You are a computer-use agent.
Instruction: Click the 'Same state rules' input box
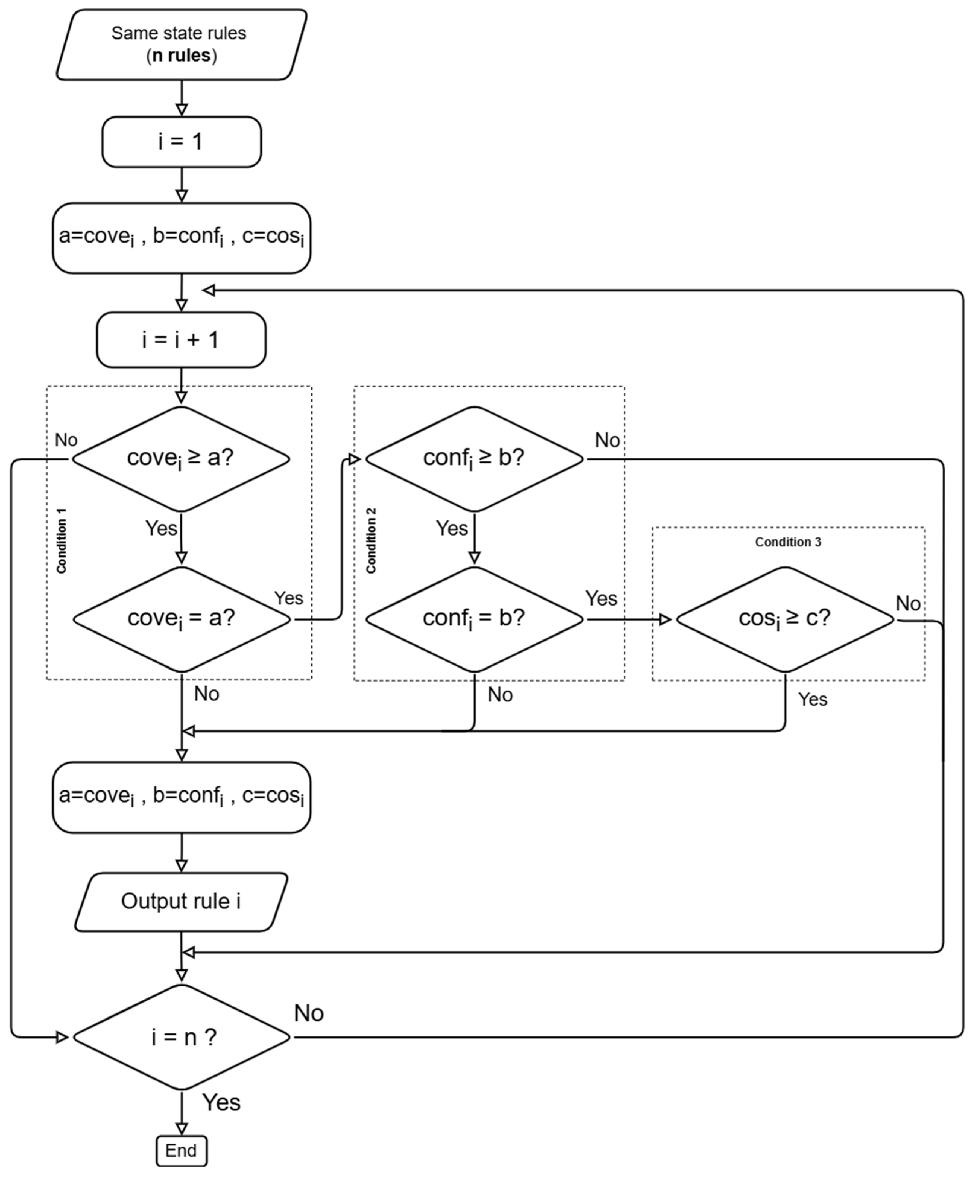[x=181, y=44]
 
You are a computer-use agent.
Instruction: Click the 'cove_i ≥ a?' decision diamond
[x=181, y=459]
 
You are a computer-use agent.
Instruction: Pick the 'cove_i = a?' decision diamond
[x=181, y=619]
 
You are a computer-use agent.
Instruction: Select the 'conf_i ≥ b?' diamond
[x=474, y=459]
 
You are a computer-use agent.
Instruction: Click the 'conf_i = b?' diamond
[x=474, y=619]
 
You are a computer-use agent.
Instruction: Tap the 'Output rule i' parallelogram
[x=181, y=901]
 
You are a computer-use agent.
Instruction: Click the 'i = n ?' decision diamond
[x=181, y=1037]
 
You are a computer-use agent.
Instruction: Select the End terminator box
[x=181, y=1150]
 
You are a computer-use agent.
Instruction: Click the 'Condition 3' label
[x=787, y=542]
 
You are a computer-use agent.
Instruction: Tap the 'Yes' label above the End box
[x=221, y=1102]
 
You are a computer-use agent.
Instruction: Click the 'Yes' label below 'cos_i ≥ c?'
[x=812, y=699]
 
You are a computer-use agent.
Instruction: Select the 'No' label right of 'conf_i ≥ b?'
[x=607, y=440]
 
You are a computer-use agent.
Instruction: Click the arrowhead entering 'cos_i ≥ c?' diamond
[x=666, y=619]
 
